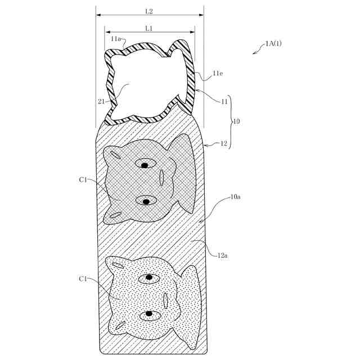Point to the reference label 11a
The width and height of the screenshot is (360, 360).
pos(116,38)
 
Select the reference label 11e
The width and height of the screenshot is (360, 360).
pos(219,74)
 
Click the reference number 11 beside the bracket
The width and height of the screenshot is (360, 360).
pos(223,102)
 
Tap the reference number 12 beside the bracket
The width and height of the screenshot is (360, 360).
pos(223,143)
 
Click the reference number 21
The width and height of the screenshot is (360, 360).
pos(101,101)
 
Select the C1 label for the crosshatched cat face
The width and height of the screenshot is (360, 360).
pos(83,179)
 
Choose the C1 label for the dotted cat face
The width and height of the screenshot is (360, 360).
pos(83,278)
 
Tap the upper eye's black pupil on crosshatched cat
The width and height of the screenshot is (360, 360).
pos(145,165)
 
